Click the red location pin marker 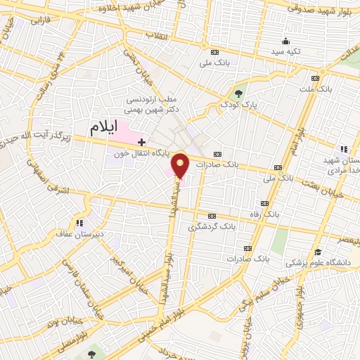click(x=181, y=166)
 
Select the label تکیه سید click(x=286, y=52)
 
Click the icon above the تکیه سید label click(x=286, y=41)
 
